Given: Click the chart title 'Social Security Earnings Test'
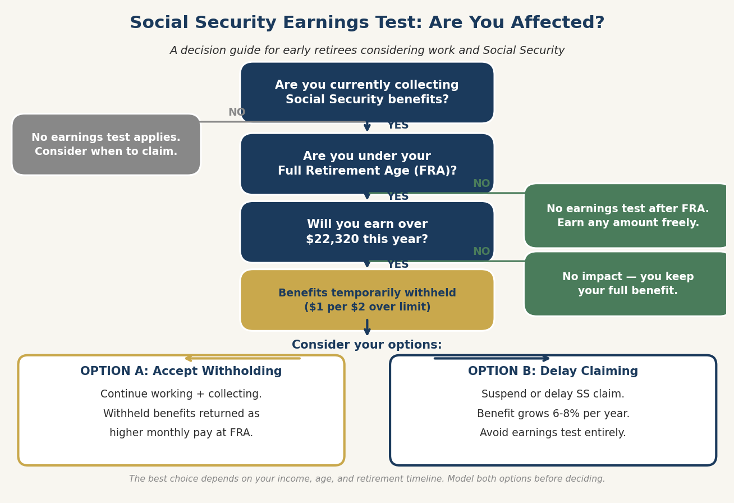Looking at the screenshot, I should (367, 23).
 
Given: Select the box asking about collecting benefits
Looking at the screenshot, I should (367, 93).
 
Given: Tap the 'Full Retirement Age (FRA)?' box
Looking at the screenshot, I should (367, 164).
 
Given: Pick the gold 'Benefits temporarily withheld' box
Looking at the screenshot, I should (367, 300).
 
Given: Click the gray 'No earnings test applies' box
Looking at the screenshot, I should (106, 145).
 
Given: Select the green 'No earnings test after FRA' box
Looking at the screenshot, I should (627, 216).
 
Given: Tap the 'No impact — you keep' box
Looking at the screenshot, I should (627, 284).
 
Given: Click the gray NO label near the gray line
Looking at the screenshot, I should (237, 112).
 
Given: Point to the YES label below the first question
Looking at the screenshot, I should (398, 126).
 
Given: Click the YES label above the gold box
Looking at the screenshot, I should (398, 264).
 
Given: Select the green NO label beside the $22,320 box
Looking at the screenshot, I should (481, 251).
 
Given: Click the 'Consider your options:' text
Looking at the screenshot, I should (367, 345).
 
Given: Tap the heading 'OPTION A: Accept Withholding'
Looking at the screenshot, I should (181, 372).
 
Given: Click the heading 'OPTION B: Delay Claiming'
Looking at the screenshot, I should (553, 372).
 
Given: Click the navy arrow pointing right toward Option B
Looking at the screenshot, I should (492, 358).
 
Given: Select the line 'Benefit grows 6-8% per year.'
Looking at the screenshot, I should (553, 414).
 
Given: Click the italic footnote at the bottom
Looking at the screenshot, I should (367, 479).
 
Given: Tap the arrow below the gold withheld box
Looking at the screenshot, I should (367, 327).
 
